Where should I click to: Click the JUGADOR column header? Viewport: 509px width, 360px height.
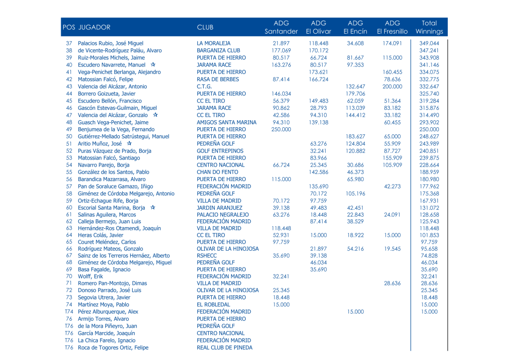[x=94, y=27]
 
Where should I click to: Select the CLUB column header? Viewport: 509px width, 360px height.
[x=205, y=27]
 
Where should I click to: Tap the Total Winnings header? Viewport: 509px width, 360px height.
[x=429, y=27]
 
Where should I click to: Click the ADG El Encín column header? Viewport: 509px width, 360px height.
[x=355, y=27]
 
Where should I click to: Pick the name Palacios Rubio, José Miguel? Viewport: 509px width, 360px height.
[x=110, y=44]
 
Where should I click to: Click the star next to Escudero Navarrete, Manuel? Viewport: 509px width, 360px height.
[x=153, y=65]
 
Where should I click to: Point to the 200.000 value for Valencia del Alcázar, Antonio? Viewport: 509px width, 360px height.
[x=393, y=87]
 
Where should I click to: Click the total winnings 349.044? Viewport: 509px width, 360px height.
[x=429, y=44]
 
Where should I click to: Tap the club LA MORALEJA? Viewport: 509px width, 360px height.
[x=214, y=44]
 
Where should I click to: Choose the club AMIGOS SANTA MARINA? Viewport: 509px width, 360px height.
[x=227, y=122]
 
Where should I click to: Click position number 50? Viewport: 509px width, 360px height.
[x=69, y=136]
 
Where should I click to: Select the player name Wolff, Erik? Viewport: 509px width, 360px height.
[x=90, y=276]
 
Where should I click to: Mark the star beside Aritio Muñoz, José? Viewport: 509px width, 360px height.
[x=129, y=143]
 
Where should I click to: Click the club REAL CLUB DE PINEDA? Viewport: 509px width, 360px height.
[x=225, y=348]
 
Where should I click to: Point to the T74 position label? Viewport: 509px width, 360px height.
[x=69, y=312]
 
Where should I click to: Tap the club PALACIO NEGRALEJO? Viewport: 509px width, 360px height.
[x=223, y=215]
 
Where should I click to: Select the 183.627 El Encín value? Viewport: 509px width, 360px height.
[x=355, y=136]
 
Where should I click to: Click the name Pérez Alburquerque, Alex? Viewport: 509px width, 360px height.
[x=108, y=312]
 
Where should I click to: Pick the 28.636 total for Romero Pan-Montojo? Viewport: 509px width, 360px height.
[x=429, y=283]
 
